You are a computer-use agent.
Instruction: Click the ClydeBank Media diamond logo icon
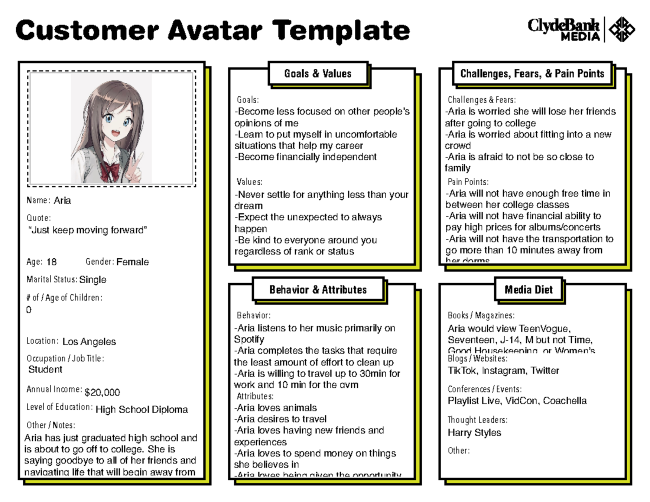[622, 29]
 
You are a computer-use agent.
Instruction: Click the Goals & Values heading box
[318, 74]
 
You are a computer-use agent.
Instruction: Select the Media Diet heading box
[529, 290]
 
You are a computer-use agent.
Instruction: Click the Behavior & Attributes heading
[318, 290]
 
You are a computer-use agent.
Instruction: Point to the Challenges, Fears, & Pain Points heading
[532, 74]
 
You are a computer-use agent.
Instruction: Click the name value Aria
[62, 201]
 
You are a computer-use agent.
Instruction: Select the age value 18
[51, 262]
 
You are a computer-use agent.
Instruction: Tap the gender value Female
[133, 262]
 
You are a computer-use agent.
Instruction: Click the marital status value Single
[93, 280]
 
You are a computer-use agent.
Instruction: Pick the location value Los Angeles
[89, 342]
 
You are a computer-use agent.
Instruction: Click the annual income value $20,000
[102, 392]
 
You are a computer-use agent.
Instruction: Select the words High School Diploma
[141, 410]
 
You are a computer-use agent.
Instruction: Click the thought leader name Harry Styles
[474, 433]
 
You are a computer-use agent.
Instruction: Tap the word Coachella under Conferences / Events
[565, 401]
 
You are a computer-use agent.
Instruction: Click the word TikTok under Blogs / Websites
[461, 371]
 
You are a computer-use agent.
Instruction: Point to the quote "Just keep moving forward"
[88, 230]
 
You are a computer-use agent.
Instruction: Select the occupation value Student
[45, 369]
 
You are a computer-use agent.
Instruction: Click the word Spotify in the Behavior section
[249, 340]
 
